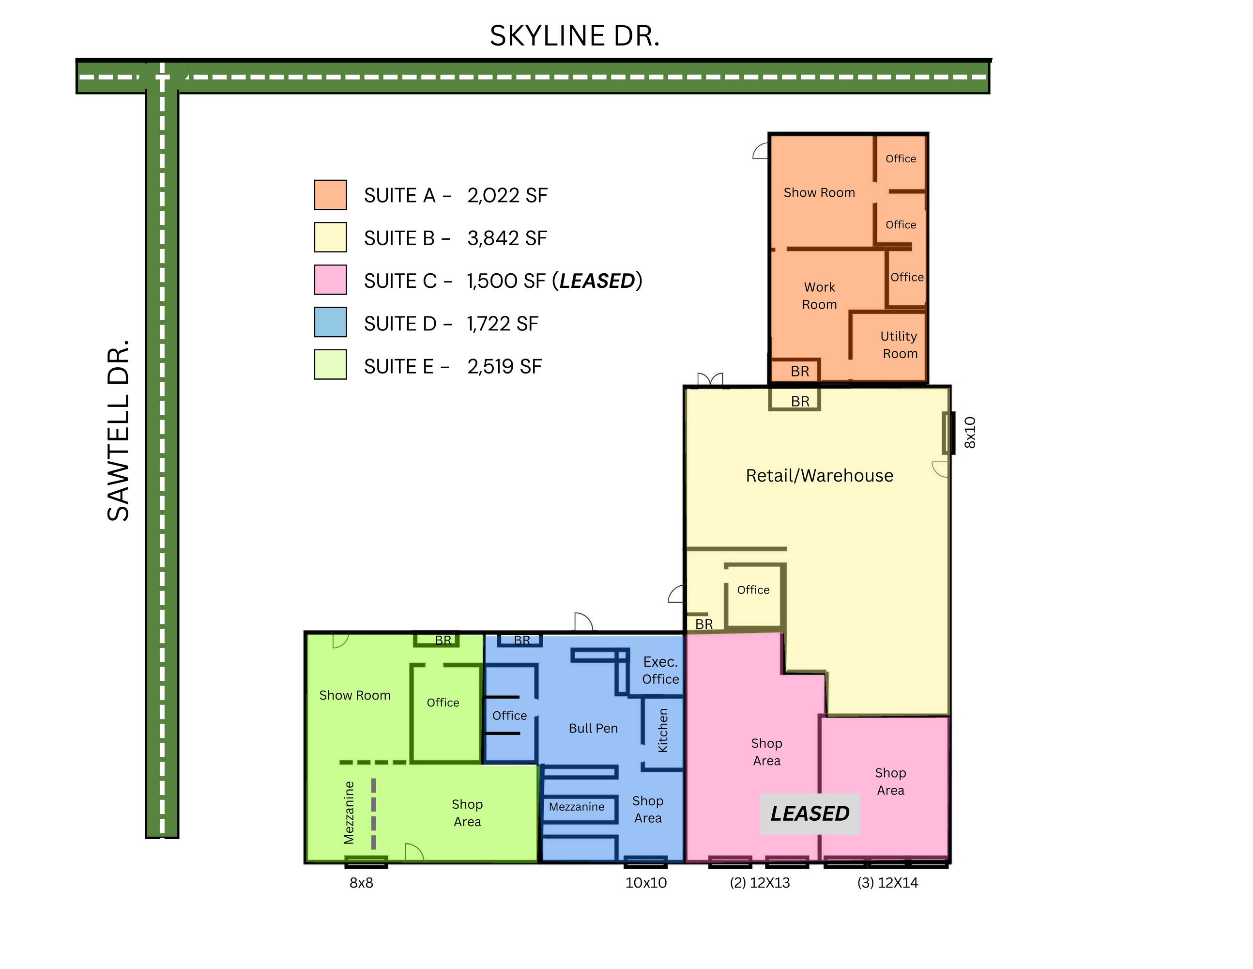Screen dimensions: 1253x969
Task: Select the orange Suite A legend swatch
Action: point(331,195)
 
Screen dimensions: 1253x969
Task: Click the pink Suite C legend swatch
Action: point(331,280)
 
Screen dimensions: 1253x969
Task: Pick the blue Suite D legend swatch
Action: point(331,322)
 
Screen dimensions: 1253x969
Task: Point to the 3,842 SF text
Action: point(507,238)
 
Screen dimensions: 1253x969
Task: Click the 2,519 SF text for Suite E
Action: point(504,366)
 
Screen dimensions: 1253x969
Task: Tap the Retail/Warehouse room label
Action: point(819,475)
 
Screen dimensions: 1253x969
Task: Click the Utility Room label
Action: point(899,344)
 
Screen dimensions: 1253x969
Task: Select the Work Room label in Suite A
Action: point(819,296)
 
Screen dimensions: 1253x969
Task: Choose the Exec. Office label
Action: point(660,671)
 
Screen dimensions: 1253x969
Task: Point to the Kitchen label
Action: point(663,730)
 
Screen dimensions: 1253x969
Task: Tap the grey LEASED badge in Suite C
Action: point(810,813)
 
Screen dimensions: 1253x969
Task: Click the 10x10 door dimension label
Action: point(646,883)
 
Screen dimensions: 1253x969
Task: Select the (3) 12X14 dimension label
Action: point(887,883)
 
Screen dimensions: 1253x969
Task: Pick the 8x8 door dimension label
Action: point(362,883)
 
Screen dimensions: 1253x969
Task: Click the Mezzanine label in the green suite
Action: point(349,813)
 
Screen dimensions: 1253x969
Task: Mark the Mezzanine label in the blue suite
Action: point(577,807)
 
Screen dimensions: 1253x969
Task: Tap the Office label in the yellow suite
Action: point(753,590)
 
